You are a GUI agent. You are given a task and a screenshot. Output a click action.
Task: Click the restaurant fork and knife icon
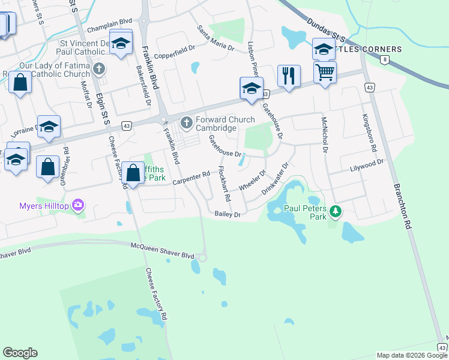coord(289,76)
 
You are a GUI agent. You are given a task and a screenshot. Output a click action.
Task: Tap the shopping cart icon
coord(325,73)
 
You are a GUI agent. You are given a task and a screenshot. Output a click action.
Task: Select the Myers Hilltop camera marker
coord(77,206)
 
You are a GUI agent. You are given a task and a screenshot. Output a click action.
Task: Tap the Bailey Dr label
coord(228,214)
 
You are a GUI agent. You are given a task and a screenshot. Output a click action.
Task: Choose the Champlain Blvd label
coord(109,29)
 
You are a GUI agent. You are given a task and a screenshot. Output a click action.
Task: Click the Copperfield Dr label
coord(175,55)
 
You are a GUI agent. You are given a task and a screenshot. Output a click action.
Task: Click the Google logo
coord(20,353)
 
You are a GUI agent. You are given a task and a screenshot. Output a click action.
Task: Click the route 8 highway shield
coord(384,59)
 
